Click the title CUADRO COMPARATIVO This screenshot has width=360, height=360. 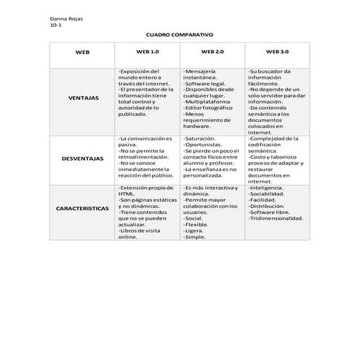coord(179,35)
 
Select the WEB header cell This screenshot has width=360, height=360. coord(83,53)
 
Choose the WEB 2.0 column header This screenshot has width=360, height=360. coord(212,52)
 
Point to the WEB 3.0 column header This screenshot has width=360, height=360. coord(277,52)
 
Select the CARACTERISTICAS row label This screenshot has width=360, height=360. coord(83,208)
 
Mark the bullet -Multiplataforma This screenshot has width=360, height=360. coord(209,101)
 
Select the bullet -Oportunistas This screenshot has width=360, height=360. coord(204,144)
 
